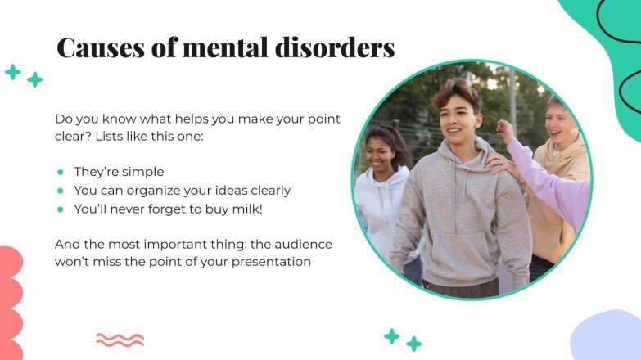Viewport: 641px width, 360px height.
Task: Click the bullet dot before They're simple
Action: coord(61,172)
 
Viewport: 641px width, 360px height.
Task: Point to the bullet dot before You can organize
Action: coord(61,191)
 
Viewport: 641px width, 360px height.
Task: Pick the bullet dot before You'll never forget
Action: coord(61,209)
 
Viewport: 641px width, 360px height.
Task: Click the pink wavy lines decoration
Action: coord(120,339)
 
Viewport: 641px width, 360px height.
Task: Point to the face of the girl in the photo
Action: coord(381,151)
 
